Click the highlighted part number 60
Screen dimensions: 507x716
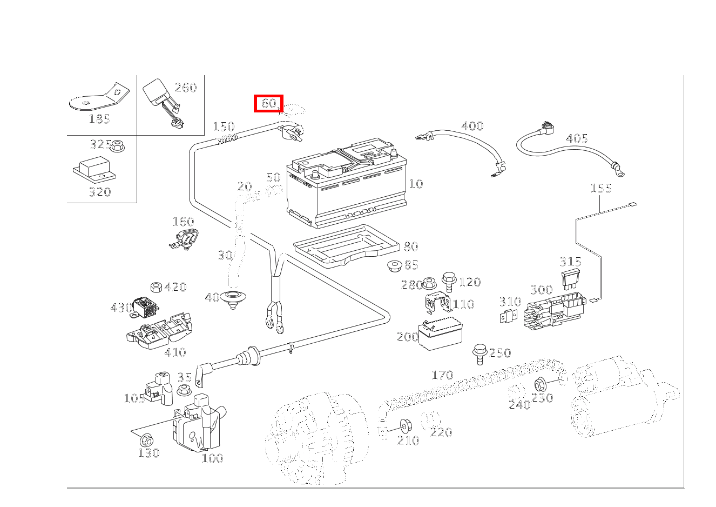[268, 103]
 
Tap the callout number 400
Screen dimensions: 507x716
[472, 126]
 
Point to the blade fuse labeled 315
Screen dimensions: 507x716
[571, 279]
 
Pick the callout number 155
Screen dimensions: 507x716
[600, 188]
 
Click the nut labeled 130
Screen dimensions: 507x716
[146, 439]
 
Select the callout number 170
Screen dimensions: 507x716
[442, 375]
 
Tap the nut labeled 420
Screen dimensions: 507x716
[157, 287]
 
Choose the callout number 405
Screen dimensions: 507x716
[576, 138]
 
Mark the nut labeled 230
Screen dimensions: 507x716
[539, 385]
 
